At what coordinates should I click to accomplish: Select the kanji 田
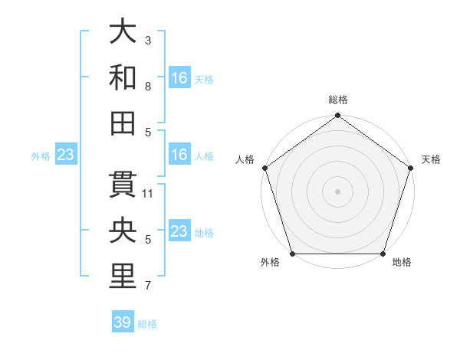(x=123, y=122)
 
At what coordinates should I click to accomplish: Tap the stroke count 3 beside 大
(x=147, y=39)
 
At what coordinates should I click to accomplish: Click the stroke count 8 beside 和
(x=147, y=86)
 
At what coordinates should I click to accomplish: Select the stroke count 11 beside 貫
(x=149, y=193)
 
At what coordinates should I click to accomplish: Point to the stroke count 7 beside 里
(x=147, y=286)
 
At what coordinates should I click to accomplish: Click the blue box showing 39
(x=123, y=322)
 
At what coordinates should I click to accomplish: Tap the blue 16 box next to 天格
(x=179, y=78)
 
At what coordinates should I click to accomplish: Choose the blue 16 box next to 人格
(x=179, y=155)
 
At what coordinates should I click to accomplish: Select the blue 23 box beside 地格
(x=179, y=231)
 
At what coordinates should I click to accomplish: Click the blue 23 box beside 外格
(x=66, y=155)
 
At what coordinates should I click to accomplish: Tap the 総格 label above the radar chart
(x=337, y=100)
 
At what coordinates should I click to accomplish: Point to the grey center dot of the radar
(x=337, y=191)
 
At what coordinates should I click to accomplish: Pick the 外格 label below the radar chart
(x=270, y=263)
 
